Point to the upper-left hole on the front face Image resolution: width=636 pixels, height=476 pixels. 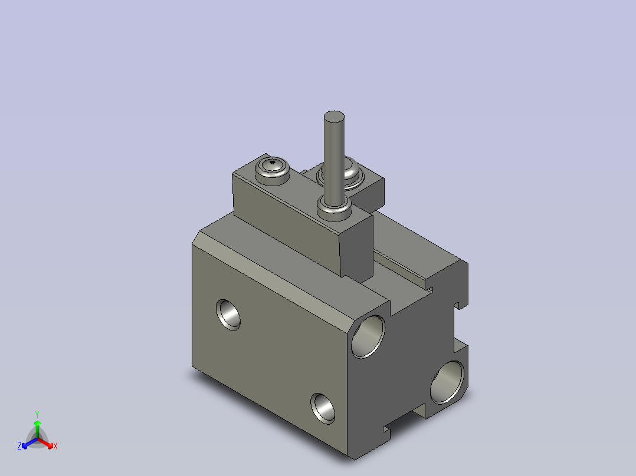point(228,314)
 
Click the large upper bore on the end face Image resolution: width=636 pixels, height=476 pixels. point(368,336)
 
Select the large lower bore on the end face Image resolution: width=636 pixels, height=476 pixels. point(447,382)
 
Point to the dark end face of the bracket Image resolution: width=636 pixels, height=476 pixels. point(358,247)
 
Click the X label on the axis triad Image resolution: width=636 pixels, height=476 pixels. point(55,447)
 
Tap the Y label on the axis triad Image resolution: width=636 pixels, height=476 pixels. point(37,414)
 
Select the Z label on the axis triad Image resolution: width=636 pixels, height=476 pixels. point(19,446)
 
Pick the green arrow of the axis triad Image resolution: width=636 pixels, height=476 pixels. point(37,427)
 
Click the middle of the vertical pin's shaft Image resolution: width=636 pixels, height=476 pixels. point(334,159)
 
